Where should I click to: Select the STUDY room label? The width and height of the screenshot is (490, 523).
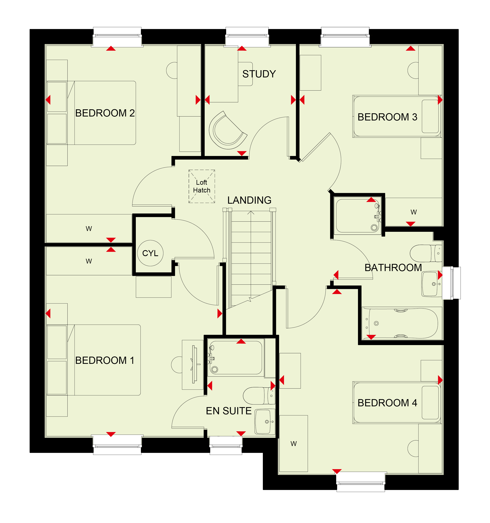[x=259, y=74]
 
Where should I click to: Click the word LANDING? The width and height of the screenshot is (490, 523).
[x=249, y=200]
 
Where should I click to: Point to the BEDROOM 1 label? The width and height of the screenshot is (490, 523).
[x=105, y=360]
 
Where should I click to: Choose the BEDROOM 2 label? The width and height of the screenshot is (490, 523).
[x=105, y=113]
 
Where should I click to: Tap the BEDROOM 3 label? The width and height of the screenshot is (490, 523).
[x=387, y=117]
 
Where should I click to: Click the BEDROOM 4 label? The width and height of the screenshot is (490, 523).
[x=387, y=403]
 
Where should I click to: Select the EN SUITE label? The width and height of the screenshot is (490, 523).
[x=229, y=411]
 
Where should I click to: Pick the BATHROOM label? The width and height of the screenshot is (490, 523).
[x=393, y=267]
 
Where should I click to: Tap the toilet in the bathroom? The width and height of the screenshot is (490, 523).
[x=426, y=253]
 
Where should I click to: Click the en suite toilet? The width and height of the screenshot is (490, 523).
[x=259, y=396]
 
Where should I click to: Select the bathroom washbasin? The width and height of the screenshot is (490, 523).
[x=432, y=284]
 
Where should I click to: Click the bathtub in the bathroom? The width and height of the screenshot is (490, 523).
[x=402, y=323]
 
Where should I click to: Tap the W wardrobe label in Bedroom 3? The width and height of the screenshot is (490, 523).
[x=413, y=212]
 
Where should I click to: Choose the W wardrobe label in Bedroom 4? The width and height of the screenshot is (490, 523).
[x=294, y=444]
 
